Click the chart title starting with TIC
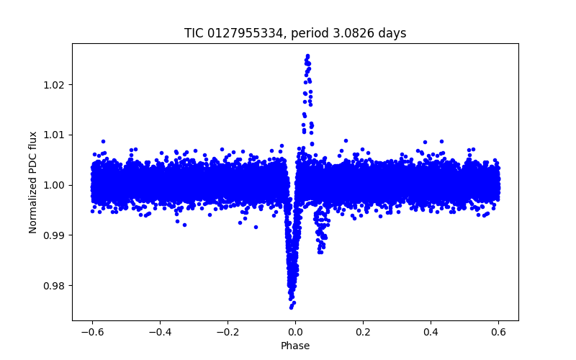(295, 33)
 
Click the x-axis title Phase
(295, 346)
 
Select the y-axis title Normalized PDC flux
(33, 181)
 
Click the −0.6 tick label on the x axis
(91, 332)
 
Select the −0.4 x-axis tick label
(159, 332)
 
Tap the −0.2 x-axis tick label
(227, 332)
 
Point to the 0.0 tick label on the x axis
(295, 332)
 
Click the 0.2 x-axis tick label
(363, 332)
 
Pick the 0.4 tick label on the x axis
(431, 332)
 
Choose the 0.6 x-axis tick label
(498, 332)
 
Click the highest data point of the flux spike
(307, 55)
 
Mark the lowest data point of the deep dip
(291, 307)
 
